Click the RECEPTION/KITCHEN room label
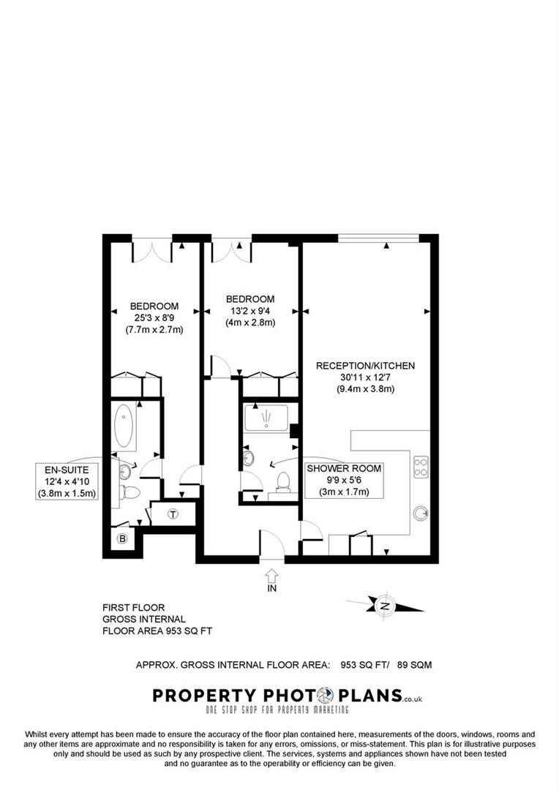365,365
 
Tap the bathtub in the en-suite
124,426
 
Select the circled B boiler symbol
123,539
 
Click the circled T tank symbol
173,513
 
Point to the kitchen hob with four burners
421,467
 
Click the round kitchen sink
421,513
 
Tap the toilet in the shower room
283,482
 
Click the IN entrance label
271,587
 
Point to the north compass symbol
385,606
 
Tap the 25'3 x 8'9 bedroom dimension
154,317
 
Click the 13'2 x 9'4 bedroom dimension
250,310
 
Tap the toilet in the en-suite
131,492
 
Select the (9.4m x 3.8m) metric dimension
365,388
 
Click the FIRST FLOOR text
134,607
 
